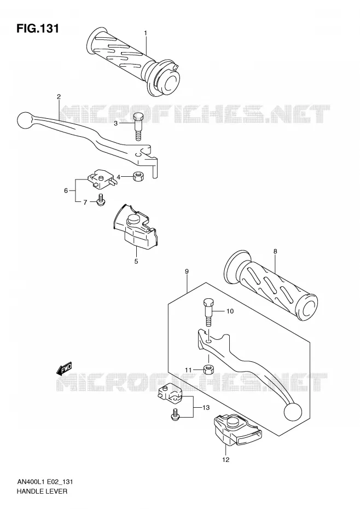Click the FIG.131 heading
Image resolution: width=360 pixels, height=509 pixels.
pyautogui.click(x=38, y=28)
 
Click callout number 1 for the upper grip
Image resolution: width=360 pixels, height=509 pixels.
pyautogui.click(x=146, y=33)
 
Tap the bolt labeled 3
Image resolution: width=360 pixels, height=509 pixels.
pyautogui.click(x=138, y=126)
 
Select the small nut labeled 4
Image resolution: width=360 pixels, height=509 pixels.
pyautogui.click(x=139, y=177)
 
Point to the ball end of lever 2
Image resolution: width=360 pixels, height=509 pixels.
pyautogui.click(x=25, y=120)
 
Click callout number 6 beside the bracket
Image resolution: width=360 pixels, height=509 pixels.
pyautogui.click(x=66, y=190)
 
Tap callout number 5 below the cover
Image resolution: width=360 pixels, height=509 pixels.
pyautogui.click(x=136, y=261)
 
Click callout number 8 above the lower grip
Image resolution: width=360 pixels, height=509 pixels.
pyautogui.click(x=275, y=251)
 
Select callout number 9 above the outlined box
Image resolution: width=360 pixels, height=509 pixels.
pyautogui.click(x=187, y=271)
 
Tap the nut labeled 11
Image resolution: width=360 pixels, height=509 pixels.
pyautogui.click(x=208, y=369)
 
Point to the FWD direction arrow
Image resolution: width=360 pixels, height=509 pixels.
pyautogui.click(x=64, y=368)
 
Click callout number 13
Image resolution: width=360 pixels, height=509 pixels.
pyautogui.click(x=206, y=408)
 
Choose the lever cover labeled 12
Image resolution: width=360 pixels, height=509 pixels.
pyautogui.click(x=237, y=430)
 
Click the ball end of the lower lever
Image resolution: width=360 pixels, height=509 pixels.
pyautogui.click(x=293, y=412)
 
